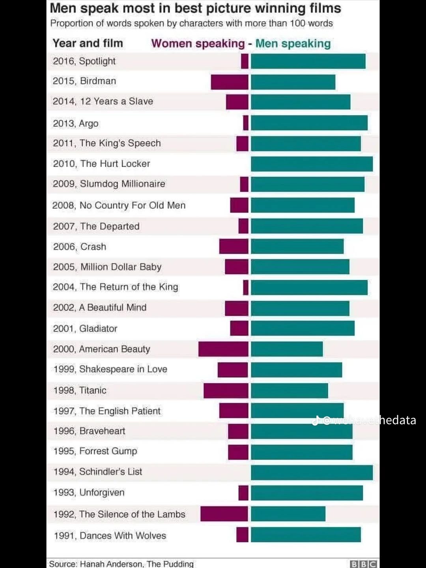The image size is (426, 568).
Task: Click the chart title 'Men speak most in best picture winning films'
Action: tap(195, 8)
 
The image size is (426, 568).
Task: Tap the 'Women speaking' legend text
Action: tap(198, 43)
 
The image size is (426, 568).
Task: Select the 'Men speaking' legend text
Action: tap(293, 43)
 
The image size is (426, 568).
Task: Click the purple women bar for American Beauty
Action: tap(223, 349)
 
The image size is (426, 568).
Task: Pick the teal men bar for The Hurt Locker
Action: tap(312, 164)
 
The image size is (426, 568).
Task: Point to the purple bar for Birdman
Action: tap(230, 82)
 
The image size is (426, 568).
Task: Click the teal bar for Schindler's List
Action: tap(312, 473)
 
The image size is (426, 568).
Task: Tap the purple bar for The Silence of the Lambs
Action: tap(224, 514)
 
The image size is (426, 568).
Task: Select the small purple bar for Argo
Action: tap(246, 123)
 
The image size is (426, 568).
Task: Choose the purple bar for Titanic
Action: tap(226, 390)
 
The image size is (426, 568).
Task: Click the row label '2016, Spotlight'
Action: tap(84, 61)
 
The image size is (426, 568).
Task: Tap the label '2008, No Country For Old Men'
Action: tap(119, 205)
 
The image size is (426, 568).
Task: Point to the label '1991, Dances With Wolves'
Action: tap(110, 536)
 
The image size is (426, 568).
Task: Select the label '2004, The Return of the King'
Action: tap(116, 287)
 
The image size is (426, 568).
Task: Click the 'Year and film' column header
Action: tap(88, 43)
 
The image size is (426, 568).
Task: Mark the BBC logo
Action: tap(363, 564)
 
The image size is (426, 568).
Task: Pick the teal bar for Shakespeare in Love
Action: tap(296, 370)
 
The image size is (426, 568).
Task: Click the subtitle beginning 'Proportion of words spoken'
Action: tap(191, 23)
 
